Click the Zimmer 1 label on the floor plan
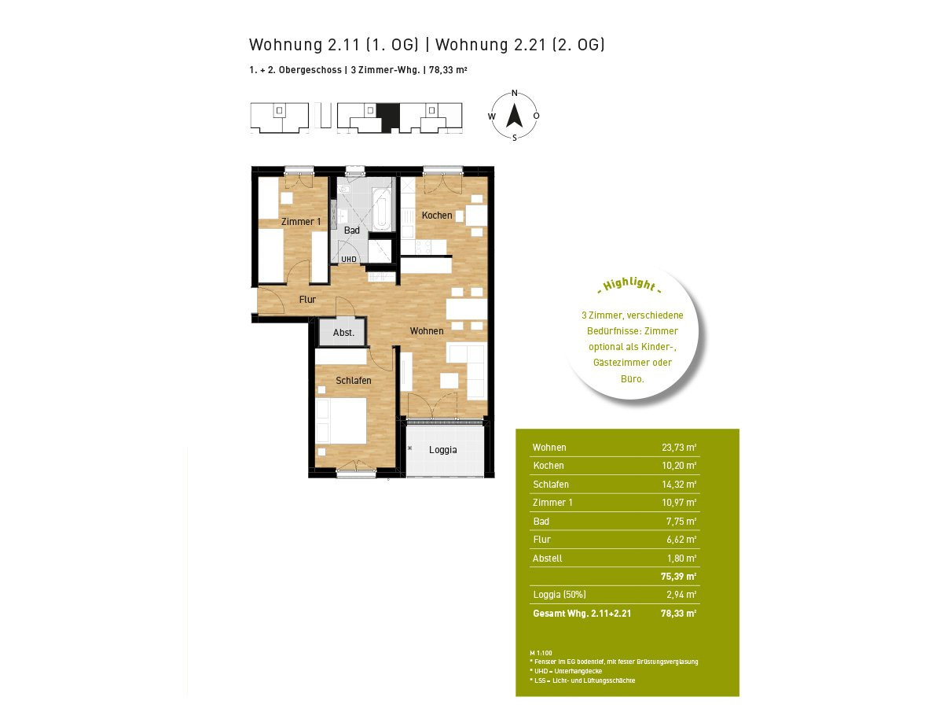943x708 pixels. click(x=301, y=221)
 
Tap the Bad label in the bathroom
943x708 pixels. click(x=351, y=230)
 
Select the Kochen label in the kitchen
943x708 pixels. click(x=436, y=215)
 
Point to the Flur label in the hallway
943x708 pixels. click(x=307, y=299)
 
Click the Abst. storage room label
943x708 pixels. click(x=343, y=332)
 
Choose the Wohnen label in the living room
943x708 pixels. click(x=426, y=330)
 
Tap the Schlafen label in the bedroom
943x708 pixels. click(x=353, y=381)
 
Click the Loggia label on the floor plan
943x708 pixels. click(x=442, y=450)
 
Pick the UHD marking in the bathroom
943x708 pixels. click(x=348, y=260)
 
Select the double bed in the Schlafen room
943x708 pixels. click(x=341, y=421)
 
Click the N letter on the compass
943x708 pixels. click(x=514, y=94)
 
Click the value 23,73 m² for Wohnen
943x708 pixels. click(x=679, y=447)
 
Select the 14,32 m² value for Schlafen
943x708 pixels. click(x=679, y=484)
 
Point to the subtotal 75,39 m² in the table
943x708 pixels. click(x=678, y=576)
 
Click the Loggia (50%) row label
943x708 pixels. click(x=560, y=595)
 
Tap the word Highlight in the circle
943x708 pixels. click(x=629, y=285)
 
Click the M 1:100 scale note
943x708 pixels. click(x=541, y=653)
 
